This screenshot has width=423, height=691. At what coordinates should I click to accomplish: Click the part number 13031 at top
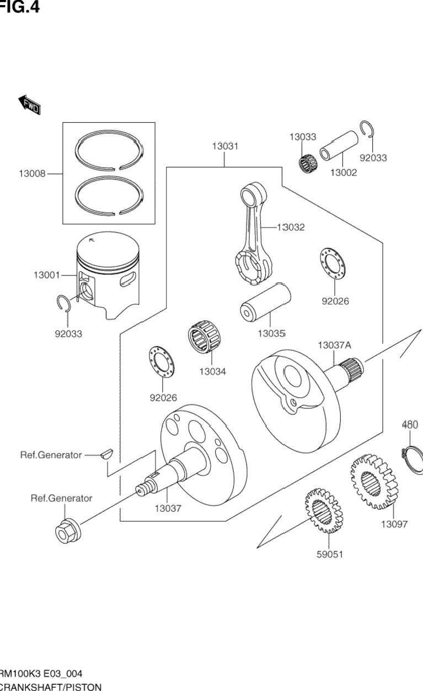click(225, 146)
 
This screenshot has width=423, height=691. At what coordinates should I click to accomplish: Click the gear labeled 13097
click(373, 480)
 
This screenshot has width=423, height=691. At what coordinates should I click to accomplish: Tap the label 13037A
click(334, 345)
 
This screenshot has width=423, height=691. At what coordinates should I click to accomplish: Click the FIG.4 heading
click(20, 8)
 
